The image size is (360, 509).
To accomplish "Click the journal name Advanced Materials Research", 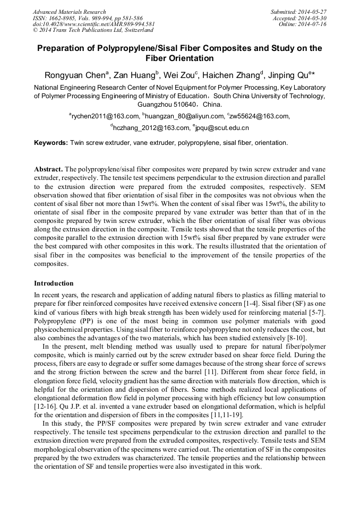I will (x=69, y=11).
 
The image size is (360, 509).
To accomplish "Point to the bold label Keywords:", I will (x=51, y=143).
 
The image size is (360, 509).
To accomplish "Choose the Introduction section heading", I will (x=54, y=283).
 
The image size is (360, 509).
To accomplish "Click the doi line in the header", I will (x=94, y=24).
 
